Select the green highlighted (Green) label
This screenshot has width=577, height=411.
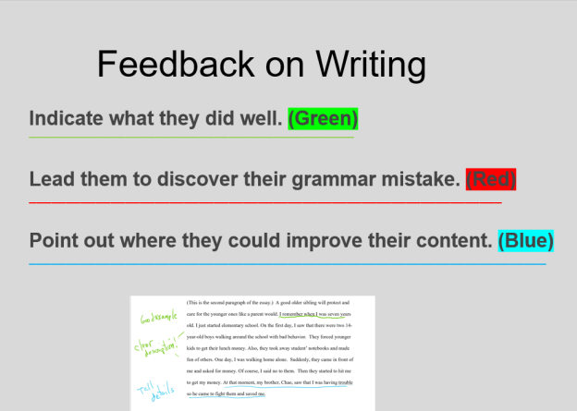click(323, 119)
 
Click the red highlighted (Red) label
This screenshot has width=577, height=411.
click(490, 179)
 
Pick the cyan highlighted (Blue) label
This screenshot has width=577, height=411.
click(525, 241)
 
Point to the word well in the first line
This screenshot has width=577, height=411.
click(261, 119)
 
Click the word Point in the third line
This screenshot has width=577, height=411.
click(57, 241)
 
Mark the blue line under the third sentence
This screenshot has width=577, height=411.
click(287, 264)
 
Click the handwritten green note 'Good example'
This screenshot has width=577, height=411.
click(156, 319)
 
